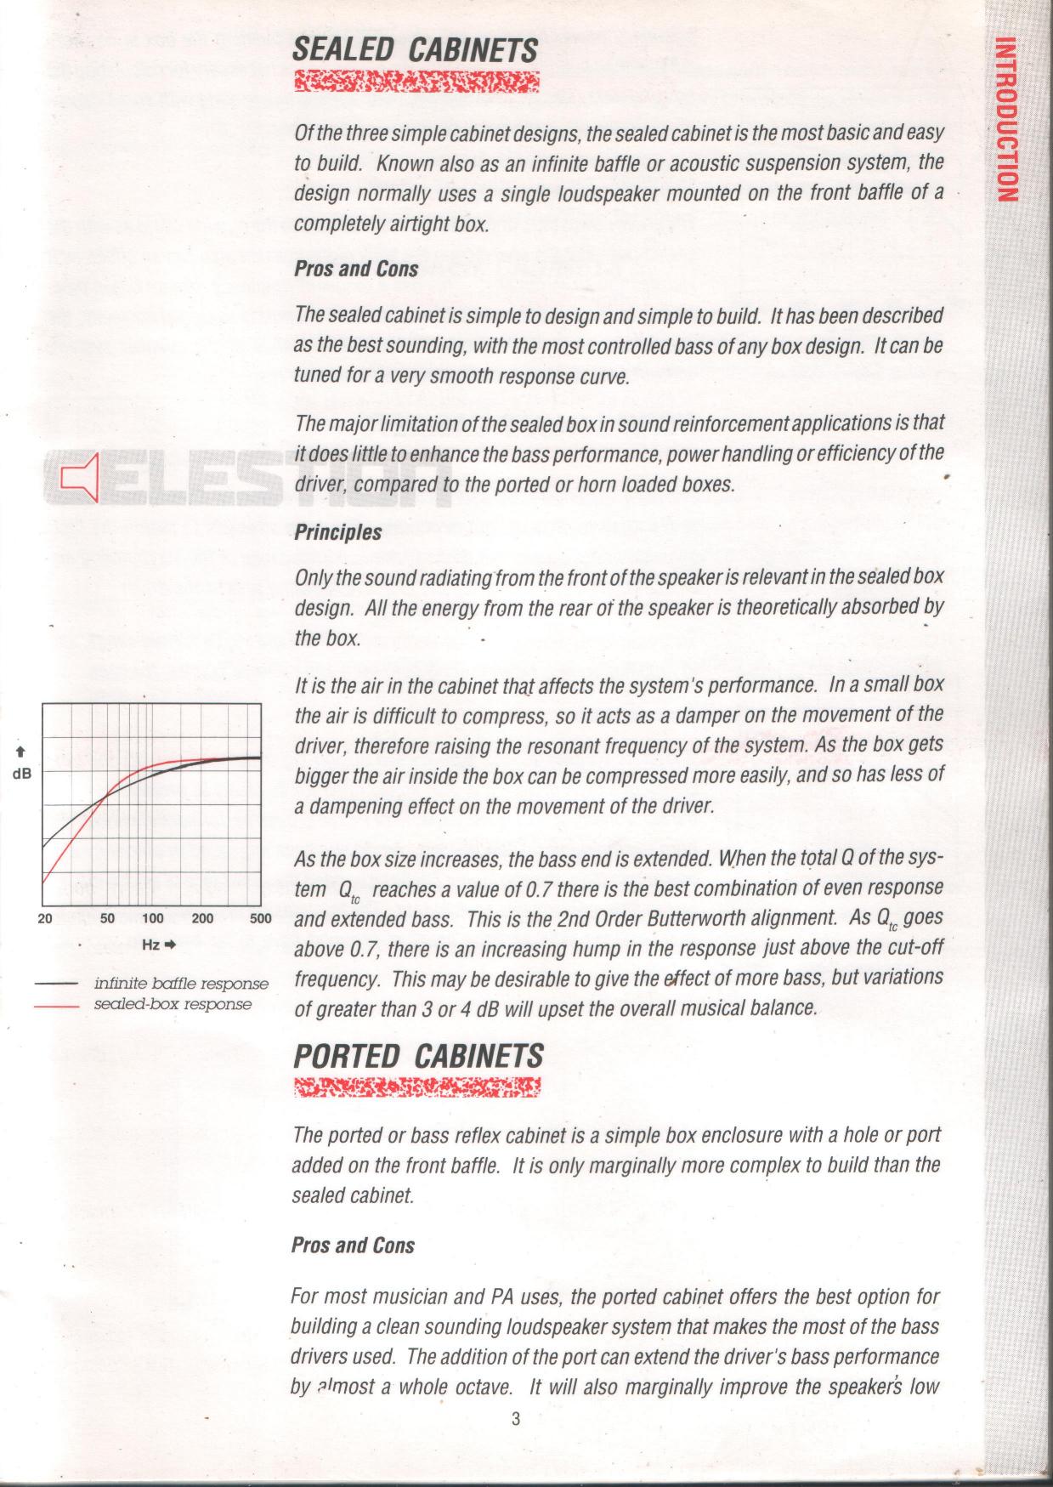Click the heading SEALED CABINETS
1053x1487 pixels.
415,49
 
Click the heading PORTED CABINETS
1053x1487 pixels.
417,1056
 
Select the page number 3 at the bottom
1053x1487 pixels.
516,1418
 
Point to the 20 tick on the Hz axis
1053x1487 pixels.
45,918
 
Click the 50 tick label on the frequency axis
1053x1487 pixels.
107,918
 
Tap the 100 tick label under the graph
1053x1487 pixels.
153,918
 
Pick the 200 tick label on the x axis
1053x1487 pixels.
202,918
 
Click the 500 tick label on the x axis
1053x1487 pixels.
260,918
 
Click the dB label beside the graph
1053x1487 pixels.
22,775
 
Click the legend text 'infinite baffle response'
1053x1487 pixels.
181,984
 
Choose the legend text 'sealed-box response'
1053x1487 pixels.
173,1004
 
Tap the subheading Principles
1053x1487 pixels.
337,532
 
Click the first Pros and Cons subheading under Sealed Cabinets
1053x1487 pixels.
356,269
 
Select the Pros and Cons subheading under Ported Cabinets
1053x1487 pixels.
353,1246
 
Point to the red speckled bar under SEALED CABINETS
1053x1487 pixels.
416,82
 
